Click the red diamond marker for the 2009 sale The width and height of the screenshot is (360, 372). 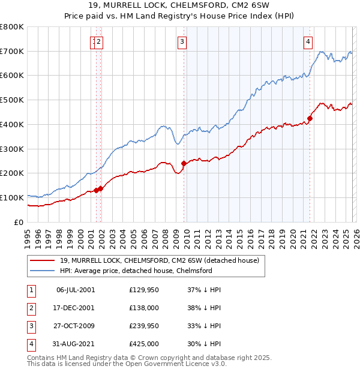point(184,163)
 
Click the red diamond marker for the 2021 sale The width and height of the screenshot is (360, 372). point(310,118)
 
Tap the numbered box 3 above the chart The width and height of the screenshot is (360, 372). point(181,41)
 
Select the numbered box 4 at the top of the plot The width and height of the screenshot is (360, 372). point(307,41)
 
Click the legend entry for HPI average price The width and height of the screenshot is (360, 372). point(136,271)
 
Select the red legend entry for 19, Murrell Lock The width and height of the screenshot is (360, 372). point(159,260)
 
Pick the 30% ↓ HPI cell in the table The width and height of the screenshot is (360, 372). point(203,344)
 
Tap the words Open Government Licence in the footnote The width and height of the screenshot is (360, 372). point(185,364)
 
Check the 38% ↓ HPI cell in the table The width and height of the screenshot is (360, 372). point(203,308)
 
